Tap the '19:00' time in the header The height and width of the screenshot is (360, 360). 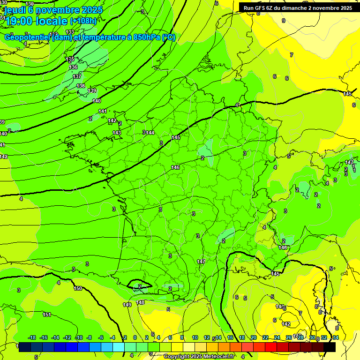click(x=20, y=21)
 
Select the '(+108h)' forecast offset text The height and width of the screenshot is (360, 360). click(x=83, y=21)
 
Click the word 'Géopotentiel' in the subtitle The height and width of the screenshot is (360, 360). click(x=25, y=37)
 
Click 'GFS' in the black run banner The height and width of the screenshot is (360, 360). click(x=260, y=8)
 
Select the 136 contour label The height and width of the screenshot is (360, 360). click(x=73, y=67)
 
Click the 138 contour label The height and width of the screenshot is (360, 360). click(x=81, y=86)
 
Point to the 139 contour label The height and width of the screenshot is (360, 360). click(x=92, y=91)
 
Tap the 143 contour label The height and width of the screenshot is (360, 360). click(x=117, y=133)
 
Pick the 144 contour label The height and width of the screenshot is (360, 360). click(x=150, y=133)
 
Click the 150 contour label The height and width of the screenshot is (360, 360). click(x=78, y=289)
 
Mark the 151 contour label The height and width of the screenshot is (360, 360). click(x=46, y=315)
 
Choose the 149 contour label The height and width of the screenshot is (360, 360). click(x=127, y=305)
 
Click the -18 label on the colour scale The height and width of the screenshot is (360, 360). click(x=32, y=338)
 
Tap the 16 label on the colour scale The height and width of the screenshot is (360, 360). click(x=230, y=338)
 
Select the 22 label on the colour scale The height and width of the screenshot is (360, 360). click(x=265, y=338)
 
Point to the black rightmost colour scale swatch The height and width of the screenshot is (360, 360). click(x=330, y=347)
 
